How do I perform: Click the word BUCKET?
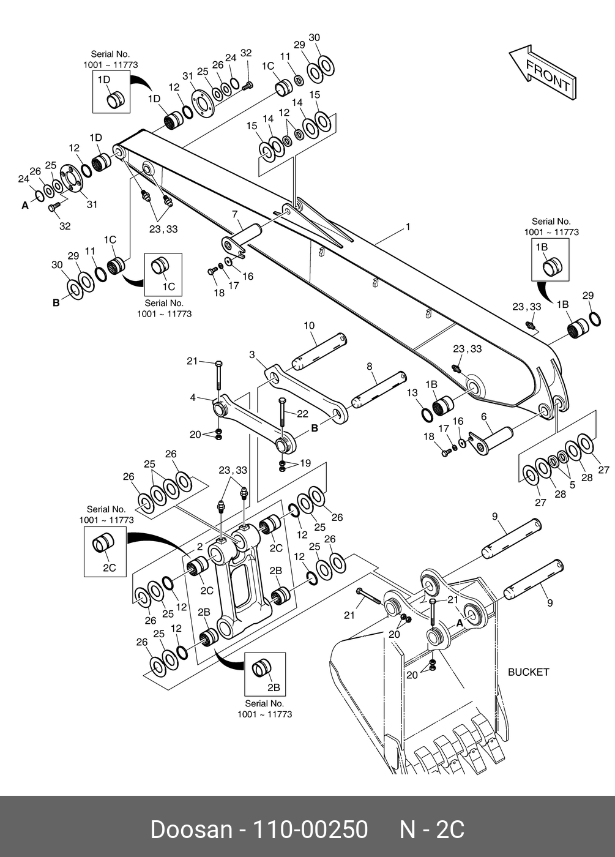tap(529, 672)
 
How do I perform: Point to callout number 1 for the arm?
tap(408, 227)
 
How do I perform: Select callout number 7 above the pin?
tap(234, 214)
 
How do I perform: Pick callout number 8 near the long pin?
tap(369, 367)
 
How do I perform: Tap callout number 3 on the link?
tap(252, 354)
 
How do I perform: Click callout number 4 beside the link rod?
tap(193, 398)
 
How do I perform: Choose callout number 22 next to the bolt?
tap(302, 414)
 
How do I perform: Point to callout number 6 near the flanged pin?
tap(483, 416)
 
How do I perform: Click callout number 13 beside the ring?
tap(412, 392)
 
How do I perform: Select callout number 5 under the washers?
tap(572, 484)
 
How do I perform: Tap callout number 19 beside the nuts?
tap(305, 463)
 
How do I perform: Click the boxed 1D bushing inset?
tap(111, 92)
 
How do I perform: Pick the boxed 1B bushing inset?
tap(550, 260)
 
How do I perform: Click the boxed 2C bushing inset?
tap(105, 552)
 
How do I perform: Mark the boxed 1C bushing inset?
tap(163, 273)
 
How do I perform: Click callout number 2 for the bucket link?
tap(199, 546)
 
